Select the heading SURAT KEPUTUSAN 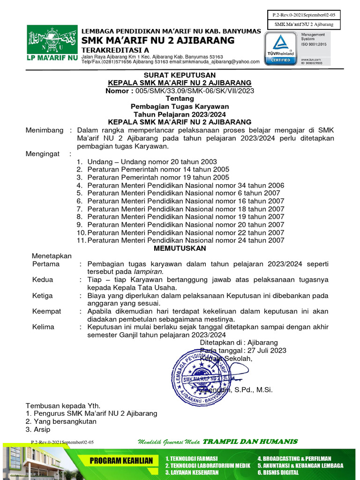point(180,75)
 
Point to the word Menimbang point(44,130)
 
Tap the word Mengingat point(44,153)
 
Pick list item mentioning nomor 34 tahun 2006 point(186,185)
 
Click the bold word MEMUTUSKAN point(180,248)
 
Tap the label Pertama point(46,264)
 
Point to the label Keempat point(46,311)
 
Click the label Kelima point(43,327)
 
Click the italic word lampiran point(148,271)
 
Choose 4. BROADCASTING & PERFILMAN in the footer point(294,458)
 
